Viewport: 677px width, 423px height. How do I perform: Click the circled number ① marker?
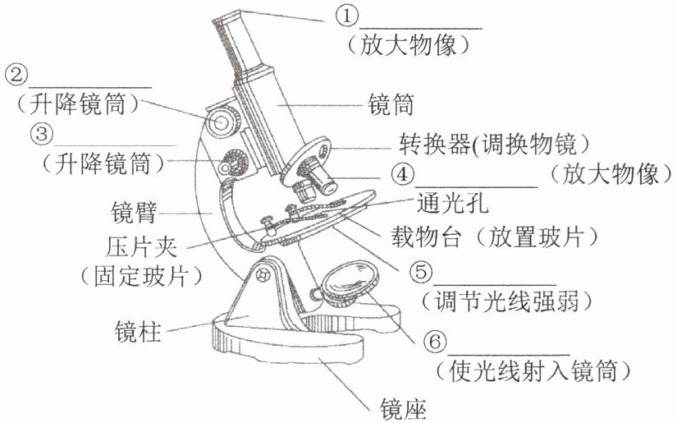(x=347, y=16)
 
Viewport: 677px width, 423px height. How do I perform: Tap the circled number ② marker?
(x=16, y=75)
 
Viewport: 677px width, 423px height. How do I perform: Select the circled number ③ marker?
(x=42, y=134)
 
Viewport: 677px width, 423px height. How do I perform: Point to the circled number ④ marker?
(x=402, y=175)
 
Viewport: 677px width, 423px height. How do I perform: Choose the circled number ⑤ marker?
(x=421, y=272)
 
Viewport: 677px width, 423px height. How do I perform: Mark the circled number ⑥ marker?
(x=435, y=343)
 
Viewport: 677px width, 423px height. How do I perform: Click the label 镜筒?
(x=391, y=105)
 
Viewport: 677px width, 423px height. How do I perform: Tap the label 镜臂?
(x=134, y=212)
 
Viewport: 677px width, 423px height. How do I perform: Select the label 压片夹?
(x=141, y=246)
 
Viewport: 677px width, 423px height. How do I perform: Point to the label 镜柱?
(x=138, y=331)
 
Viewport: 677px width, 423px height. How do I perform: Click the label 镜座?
(x=403, y=409)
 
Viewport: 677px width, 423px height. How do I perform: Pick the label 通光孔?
(x=452, y=203)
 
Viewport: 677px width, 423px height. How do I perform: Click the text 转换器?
(x=434, y=145)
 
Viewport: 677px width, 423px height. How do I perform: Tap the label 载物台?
(x=426, y=237)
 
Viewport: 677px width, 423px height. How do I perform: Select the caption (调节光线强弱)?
(x=506, y=301)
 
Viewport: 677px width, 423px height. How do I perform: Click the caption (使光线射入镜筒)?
(x=533, y=370)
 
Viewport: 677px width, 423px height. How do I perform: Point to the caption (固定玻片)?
(x=141, y=276)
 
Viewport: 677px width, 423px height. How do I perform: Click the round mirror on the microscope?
(x=350, y=283)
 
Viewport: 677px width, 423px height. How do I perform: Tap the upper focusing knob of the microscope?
(x=222, y=122)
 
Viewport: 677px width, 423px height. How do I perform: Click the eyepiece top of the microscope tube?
(x=228, y=18)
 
